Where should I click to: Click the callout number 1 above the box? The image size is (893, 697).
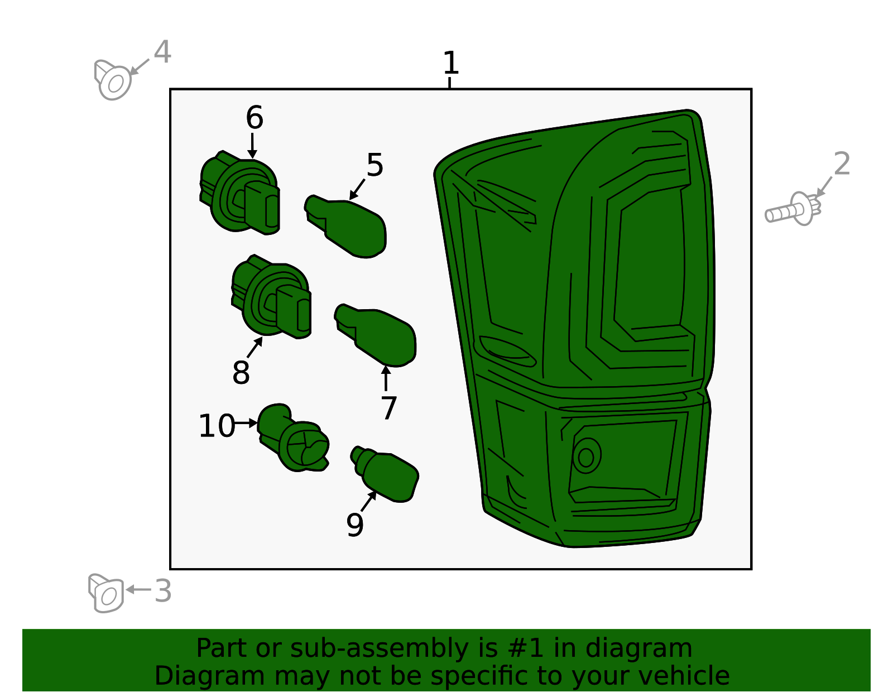pyautogui.click(x=451, y=63)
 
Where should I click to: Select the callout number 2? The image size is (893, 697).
pyautogui.click(x=842, y=164)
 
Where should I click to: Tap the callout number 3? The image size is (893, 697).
pyautogui.click(x=163, y=590)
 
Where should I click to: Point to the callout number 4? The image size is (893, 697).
pyautogui.click(x=162, y=52)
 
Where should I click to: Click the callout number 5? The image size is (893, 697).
pyautogui.click(x=375, y=165)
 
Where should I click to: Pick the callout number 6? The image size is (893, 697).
pyautogui.click(x=255, y=117)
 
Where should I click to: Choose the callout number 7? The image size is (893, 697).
pyautogui.click(x=388, y=407)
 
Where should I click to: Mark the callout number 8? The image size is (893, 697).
pyautogui.click(x=241, y=372)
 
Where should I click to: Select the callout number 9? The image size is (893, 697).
pyautogui.click(x=355, y=525)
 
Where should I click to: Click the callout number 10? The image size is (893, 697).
pyautogui.click(x=217, y=426)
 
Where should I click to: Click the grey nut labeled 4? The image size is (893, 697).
pyautogui.click(x=113, y=80)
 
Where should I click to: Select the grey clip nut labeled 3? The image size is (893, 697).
pyautogui.click(x=106, y=593)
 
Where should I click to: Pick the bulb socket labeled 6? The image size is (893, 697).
pyautogui.click(x=240, y=193)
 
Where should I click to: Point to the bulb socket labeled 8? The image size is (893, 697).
pyautogui.click(x=271, y=296)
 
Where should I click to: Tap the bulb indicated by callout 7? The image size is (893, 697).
pyautogui.click(x=375, y=335)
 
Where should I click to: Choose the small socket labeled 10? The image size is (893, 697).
pyautogui.click(x=293, y=438)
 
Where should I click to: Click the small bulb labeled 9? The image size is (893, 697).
pyautogui.click(x=385, y=474)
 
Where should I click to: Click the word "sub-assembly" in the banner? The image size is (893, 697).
pyautogui.click(x=380, y=648)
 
